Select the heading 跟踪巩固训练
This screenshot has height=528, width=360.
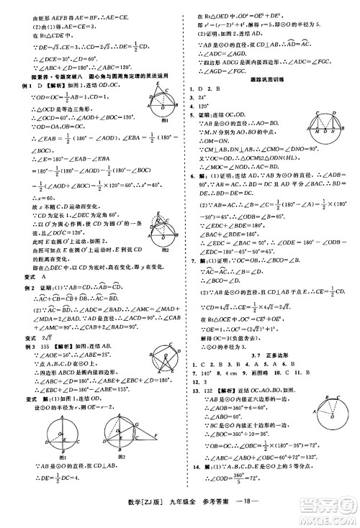(x=271, y=81)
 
